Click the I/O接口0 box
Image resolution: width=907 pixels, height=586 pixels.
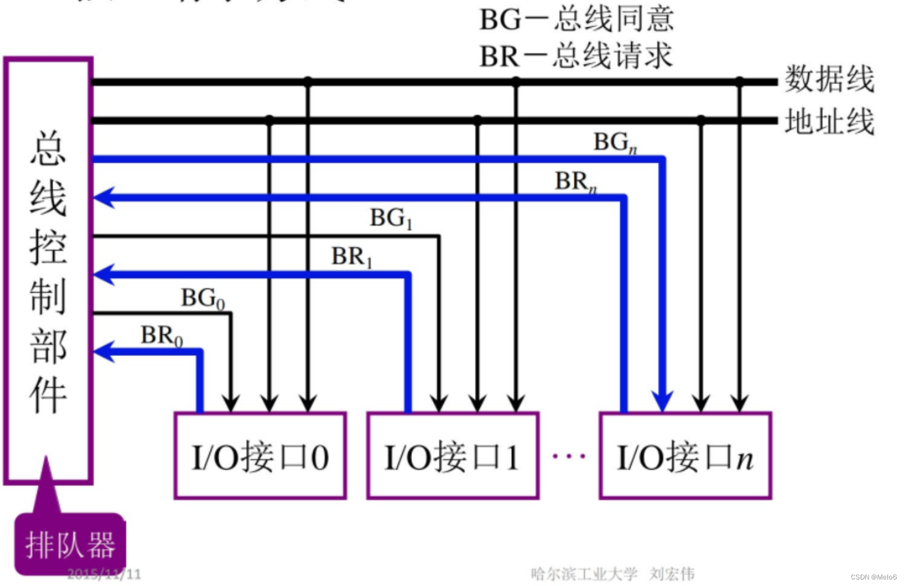260,456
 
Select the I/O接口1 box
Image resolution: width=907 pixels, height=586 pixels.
453,456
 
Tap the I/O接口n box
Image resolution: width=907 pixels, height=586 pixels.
685,456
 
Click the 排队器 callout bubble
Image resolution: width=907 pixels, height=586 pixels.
70,544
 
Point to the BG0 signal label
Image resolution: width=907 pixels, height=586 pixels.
203,299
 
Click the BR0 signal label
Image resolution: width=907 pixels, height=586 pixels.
162,336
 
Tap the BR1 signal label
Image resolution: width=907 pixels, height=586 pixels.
351,257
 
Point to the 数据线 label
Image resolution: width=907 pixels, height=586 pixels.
829,80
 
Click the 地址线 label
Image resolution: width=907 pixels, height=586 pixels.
829,122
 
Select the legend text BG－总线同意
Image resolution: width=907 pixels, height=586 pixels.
576,20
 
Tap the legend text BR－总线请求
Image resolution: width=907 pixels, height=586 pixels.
576,56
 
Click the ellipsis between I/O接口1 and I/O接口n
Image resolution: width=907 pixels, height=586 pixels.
569,456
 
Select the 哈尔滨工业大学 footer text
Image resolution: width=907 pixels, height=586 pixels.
584,574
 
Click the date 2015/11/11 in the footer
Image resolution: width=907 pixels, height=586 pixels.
104,574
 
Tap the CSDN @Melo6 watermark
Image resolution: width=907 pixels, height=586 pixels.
873,577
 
